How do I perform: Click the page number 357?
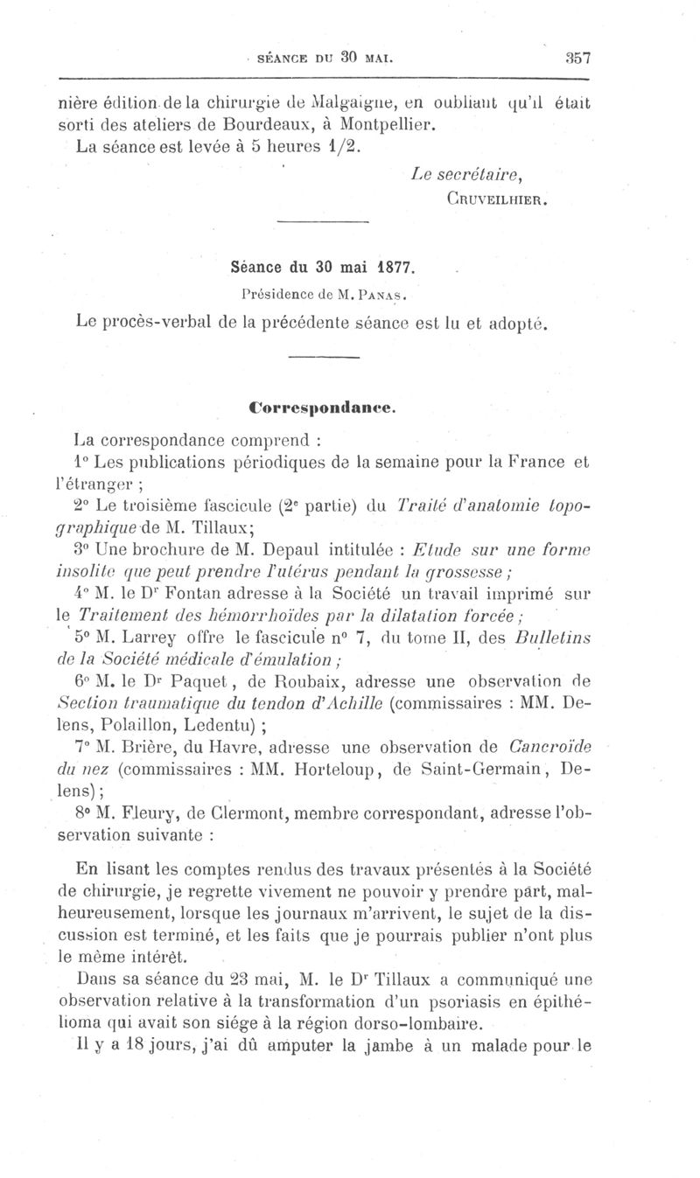pos(578,59)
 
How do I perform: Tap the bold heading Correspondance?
pos(323,406)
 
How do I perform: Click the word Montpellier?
pos(386,123)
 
